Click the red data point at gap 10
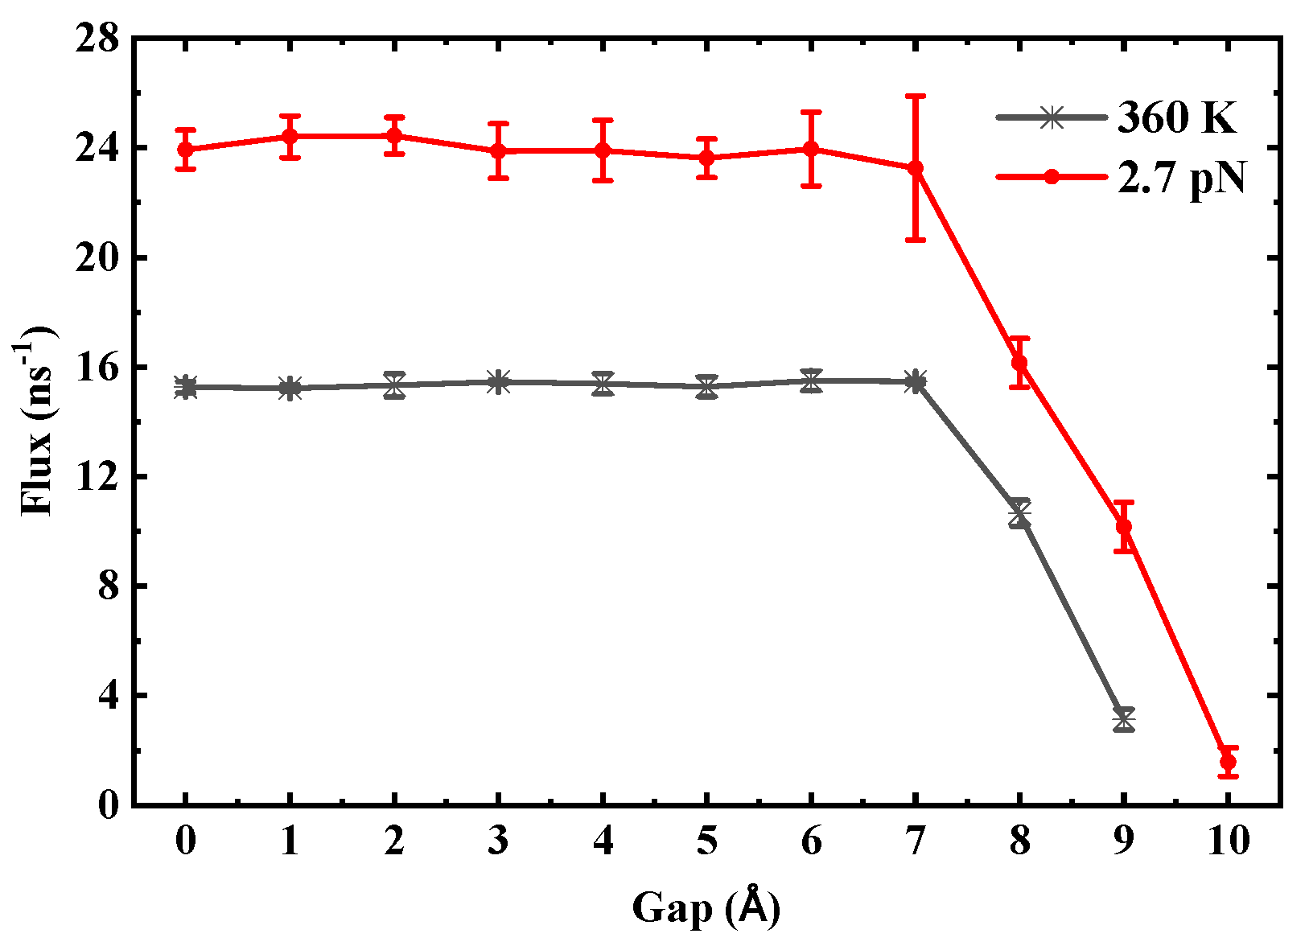coord(1228,761)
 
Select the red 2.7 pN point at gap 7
coord(916,168)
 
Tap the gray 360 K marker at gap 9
coord(1124,718)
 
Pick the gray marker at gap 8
coord(1019,512)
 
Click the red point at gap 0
coord(186,150)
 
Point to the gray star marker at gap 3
coord(499,382)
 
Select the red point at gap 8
coord(1019,363)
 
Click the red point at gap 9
coord(1124,527)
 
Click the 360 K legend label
coord(1176,117)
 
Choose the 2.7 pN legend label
coord(1181,178)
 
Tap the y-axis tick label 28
coord(97,39)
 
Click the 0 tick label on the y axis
coord(107,804)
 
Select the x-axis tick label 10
coord(1228,841)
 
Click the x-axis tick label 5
coord(706,841)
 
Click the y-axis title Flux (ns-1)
coord(35,420)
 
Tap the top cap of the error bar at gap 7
coord(916,96)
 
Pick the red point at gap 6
coord(811,149)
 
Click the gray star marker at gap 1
coord(290,389)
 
